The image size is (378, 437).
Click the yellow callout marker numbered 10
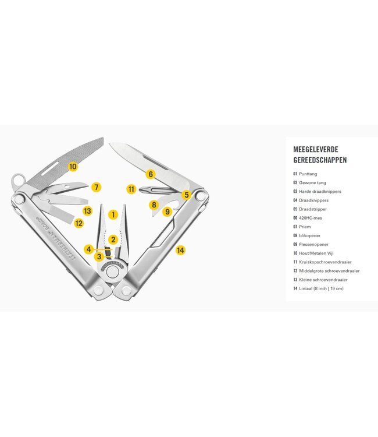tap(73, 167)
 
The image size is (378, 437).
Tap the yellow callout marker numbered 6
tap(151, 174)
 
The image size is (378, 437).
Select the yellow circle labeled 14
tap(180, 251)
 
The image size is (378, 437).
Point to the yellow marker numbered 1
tap(113, 214)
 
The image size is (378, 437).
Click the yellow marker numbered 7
tap(96, 187)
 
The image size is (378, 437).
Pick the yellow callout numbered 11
tap(131, 189)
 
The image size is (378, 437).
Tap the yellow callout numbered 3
tap(99, 257)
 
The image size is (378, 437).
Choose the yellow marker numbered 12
tap(79, 223)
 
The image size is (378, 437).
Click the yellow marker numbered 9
tap(167, 212)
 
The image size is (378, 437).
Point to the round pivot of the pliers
tap(112, 271)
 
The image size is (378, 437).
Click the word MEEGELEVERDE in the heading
tap(316, 149)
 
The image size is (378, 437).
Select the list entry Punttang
tap(308, 174)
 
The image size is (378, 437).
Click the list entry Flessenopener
tap(314, 244)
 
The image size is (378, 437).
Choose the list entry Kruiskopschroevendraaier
tap(325, 262)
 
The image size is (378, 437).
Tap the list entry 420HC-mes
tap(311, 218)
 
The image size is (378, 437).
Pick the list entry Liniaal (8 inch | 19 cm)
tap(321, 288)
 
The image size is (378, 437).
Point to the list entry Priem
tap(305, 227)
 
